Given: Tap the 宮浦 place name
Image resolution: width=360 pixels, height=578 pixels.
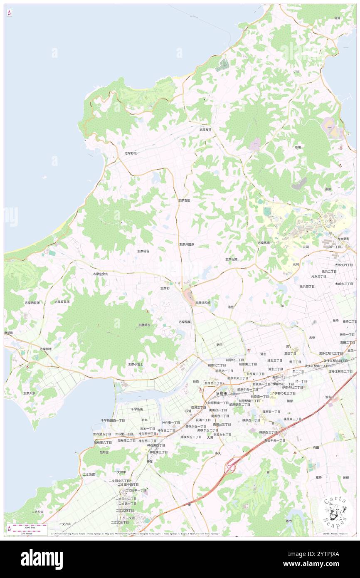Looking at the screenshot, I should pyautogui.click(x=337, y=18).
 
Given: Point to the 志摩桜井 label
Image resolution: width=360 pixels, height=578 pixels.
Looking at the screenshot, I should pyautogui.click(x=205, y=129).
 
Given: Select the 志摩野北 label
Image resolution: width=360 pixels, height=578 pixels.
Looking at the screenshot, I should pyautogui.click(x=131, y=153).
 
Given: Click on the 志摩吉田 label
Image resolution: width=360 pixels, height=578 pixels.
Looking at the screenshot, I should pyautogui.click(x=184, y=200).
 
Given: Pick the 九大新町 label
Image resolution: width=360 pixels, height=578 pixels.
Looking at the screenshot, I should pyautogui.click(x=343, y=239).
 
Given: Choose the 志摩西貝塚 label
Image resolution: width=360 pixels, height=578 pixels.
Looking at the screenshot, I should pyautogui.click(x=32, y=303).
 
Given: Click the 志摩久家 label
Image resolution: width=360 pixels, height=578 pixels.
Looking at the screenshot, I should pyautogui.click(x=29, y=393).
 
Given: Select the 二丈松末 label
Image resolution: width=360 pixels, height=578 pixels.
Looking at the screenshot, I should pyautogui.click(x=37, y=512).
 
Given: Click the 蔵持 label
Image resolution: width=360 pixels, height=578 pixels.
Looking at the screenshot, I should pyautogui.click(x=319, y=477).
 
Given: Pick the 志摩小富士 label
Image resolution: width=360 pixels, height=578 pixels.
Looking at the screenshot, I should pyautogui.click(x=136, y=364).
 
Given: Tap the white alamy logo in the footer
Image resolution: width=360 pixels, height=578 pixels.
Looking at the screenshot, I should pyautogui.click(x=42, y=559).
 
